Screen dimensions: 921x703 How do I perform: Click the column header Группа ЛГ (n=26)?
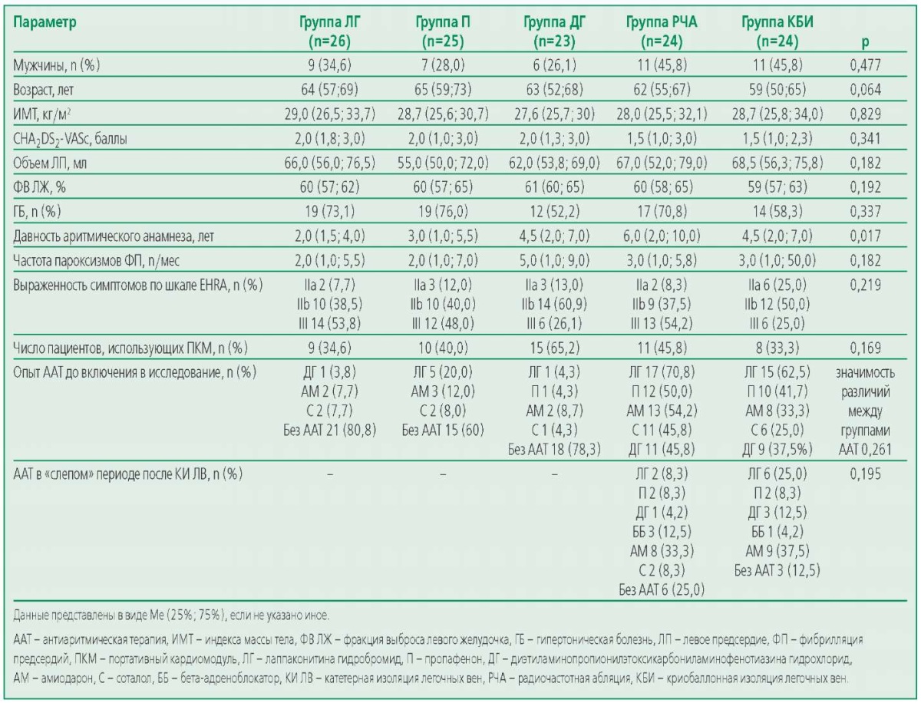coord(329,31)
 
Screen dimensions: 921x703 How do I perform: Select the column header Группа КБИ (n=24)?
coord(777,31)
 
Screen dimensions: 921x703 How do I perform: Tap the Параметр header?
coord(45,21)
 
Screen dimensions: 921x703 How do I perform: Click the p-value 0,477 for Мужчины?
coord(865,65)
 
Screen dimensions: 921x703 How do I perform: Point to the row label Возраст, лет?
coord(43,89)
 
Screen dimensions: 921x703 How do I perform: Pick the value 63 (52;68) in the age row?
coord(554,89)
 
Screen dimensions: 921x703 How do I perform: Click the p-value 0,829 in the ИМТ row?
coord(865,114)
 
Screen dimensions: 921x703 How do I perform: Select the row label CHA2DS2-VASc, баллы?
coord(70,139)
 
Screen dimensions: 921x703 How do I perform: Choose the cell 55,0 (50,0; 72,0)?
coord(443,163)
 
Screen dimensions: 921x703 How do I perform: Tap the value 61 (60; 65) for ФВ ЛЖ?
coord(554,187)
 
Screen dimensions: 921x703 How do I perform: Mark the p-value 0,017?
coord(865,236)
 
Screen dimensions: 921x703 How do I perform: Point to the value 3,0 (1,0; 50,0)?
coord(777,260)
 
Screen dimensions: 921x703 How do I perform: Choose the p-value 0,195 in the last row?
coord(865,474)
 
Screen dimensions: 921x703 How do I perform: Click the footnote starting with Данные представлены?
coord(171,616)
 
